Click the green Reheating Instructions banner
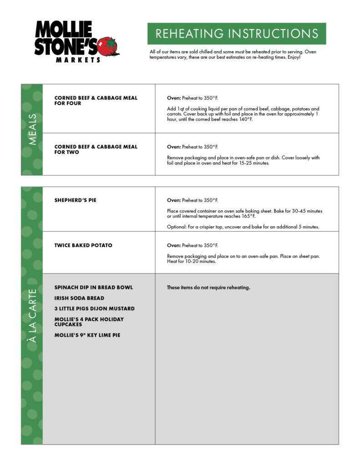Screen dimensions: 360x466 coord(237,34)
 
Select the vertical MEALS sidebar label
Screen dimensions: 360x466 coord(32,130)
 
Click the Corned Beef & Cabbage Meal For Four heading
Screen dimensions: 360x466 coord(96,101)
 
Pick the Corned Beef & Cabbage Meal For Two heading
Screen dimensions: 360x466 coord(96,149)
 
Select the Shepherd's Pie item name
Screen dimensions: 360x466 coord(75,200)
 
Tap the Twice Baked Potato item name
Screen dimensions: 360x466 coord(83,245)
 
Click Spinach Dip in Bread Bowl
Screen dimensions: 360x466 coord(93,288)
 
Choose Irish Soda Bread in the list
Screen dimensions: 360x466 coord(79,298)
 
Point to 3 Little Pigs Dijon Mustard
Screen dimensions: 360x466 coord(94,309)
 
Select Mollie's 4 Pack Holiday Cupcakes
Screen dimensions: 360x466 coord(89,322)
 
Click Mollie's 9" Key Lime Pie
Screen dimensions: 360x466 coord(87,335)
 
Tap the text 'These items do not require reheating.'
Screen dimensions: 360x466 coord(208,288)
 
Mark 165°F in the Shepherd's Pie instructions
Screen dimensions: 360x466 coord(248,216)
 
